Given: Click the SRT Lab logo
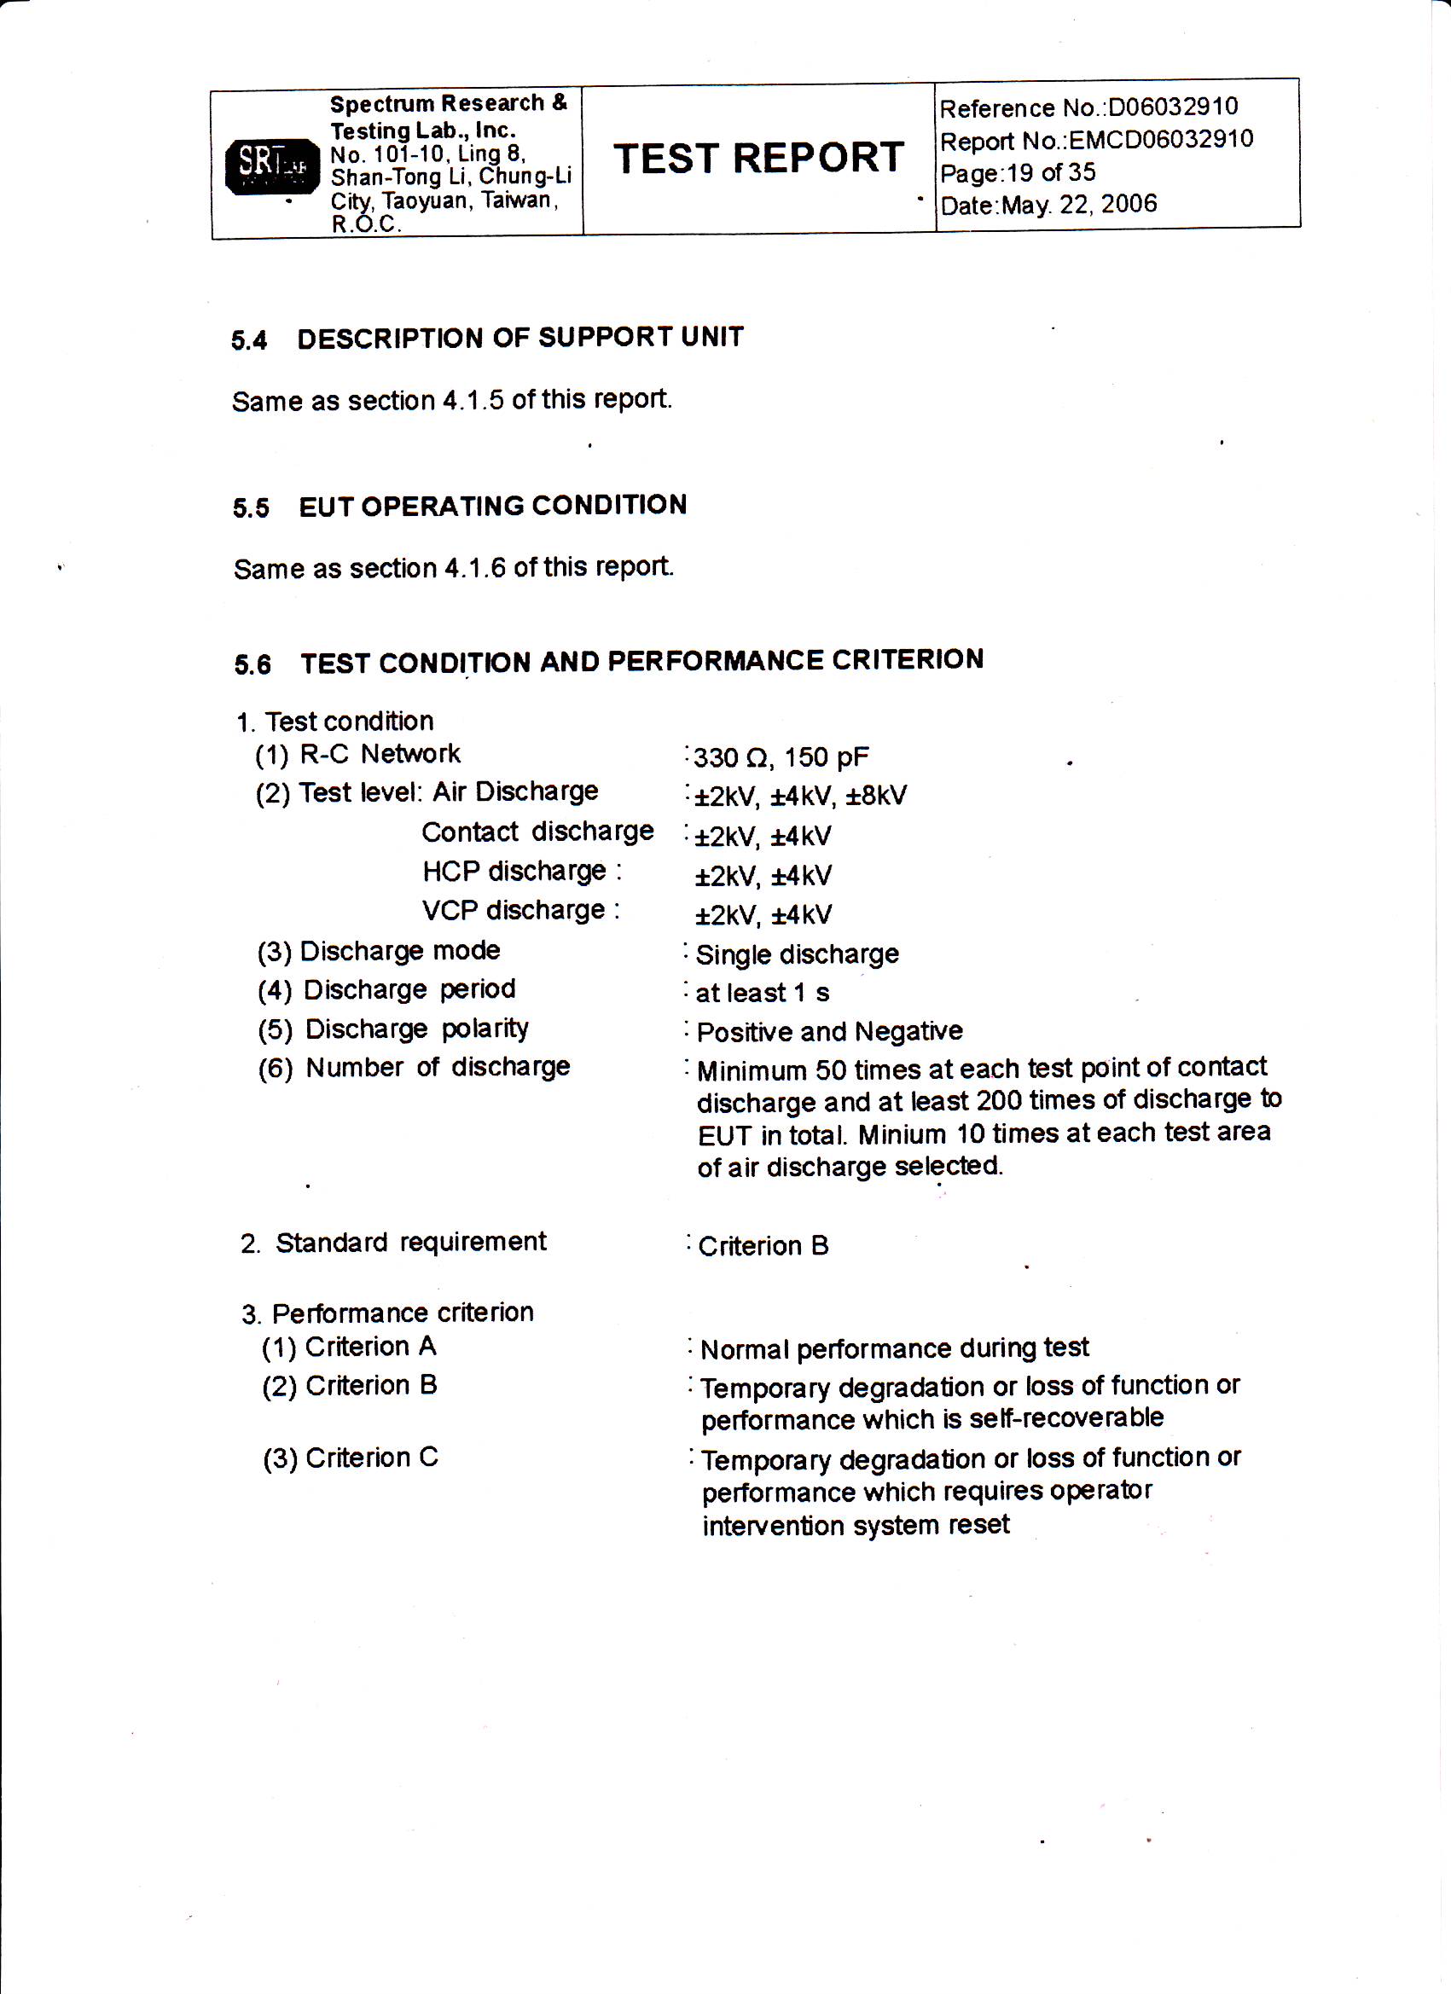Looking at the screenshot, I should (272, 165).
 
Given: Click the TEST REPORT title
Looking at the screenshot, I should (758, 159).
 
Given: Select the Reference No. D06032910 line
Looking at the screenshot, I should (1088, 108).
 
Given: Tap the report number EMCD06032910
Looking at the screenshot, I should (1161, 140).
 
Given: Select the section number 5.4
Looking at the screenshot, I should (249, 340).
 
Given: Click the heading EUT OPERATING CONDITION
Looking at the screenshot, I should (492, 506).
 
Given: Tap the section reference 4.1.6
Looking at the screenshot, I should (475, 568).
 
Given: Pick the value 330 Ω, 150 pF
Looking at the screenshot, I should (781, 757).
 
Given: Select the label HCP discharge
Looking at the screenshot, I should (514, 872).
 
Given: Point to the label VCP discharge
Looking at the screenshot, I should (514, 910).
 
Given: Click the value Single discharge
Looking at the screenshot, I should (797, 954).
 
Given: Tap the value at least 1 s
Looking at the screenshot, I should (762, 993).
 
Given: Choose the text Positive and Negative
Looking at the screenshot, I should (829, 1031).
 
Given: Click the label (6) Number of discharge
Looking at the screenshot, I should (415, 1067).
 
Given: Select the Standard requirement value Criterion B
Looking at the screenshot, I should (763, 1246).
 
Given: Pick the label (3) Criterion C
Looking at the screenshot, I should (350, 1458).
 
